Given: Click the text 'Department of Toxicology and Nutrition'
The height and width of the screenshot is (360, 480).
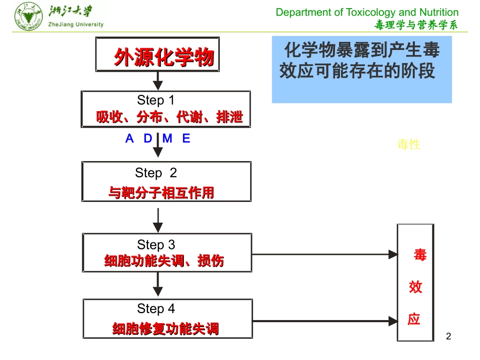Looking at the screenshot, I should pos(367,12).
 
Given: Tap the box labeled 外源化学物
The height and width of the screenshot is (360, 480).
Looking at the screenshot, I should pos(158,55).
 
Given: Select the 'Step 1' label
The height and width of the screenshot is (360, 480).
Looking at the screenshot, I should pos(156,100).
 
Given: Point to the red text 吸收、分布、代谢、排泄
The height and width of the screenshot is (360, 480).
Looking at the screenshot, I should pos(170,118).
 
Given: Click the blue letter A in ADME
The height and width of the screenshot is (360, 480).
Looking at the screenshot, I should pos(129,139).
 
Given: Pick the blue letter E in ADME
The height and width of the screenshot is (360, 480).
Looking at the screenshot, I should pos(186,139).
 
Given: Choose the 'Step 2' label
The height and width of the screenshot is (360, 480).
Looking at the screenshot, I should pos(156,173).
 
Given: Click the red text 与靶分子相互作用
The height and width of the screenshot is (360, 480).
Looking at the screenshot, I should pos(161,193).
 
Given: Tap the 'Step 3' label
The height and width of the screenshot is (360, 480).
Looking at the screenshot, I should pos(156,245).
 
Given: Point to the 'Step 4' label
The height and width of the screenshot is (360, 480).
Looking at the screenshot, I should pos(156,308).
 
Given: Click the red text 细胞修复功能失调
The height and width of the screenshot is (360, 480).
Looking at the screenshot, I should pos(166,329).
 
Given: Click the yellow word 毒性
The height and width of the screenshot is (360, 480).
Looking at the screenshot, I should pos(409,145).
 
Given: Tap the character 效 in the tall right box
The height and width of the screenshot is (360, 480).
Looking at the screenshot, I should pos(415,287).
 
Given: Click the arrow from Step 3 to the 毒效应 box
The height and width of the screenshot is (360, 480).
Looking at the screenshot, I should pos(323,254).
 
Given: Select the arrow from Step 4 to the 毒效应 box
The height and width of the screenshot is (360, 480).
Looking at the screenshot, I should pos(323,320).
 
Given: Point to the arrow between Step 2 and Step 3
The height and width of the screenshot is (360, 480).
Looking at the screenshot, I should pos(158,220).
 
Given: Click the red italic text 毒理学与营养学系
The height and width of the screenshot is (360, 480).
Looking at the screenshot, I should pos(416,25).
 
